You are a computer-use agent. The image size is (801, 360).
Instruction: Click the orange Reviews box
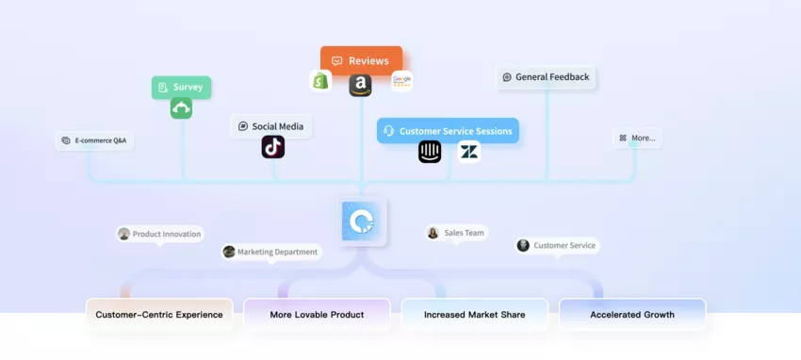click(x=361, y=60)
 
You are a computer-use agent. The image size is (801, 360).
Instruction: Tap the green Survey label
click(x=181, y=88)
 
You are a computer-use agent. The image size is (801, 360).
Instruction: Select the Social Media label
click(x=271, y=126)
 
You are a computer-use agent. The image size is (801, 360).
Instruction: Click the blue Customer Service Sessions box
click(x=449, y=131)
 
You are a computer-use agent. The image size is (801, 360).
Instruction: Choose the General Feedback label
click(x=548, y=77)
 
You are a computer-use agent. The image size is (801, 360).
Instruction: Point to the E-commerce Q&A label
click(x=93, y=140)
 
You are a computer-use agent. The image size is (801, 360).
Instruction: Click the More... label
click(x=637, y=138)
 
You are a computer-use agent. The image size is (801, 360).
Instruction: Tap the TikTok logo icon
click(x=273, y=147)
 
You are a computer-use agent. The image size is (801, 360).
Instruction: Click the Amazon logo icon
click(x=360, y=86)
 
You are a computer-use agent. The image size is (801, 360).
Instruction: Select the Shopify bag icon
click(x=321, y=81)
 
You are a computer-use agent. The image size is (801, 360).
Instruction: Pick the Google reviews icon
click(x=402, y=81)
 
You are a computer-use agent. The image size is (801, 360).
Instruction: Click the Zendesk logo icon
click(x=468, y=151)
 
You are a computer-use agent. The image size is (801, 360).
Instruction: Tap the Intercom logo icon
click(x=430, y=152)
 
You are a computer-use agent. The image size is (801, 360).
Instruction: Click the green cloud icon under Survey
click(x=181, y=108)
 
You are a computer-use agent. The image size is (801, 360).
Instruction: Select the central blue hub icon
click(x=363, y=221)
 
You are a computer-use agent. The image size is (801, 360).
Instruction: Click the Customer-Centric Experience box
click(x=159, y=315)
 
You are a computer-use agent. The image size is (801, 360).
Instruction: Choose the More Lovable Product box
click(x=317, y=315)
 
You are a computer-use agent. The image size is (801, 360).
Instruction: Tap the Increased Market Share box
click(x=474, y=315)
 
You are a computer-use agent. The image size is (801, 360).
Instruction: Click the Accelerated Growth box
click(x=632, y=315)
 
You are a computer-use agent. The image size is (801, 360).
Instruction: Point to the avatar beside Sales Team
click(x=433, y=233)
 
